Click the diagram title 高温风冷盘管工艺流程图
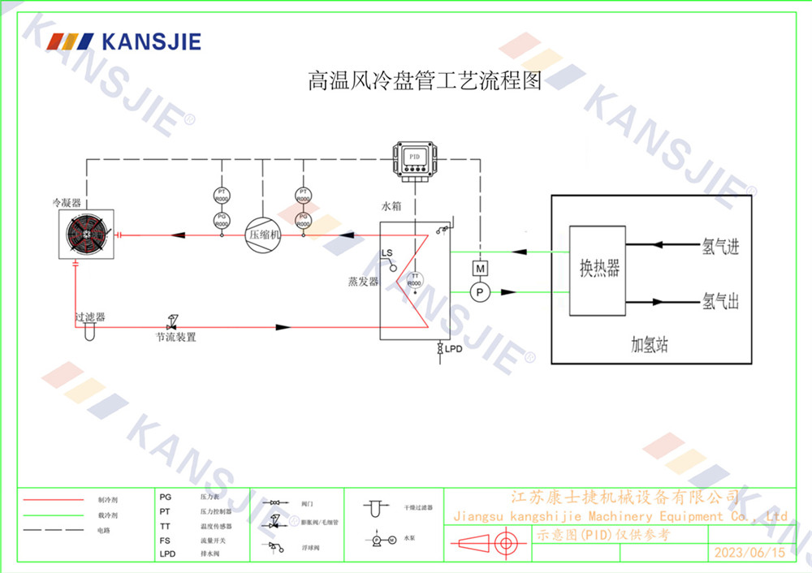tap(424, 80)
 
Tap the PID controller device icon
tap(414, 157)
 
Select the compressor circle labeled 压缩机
tap(263, 235)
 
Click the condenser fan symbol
tap(86, 235)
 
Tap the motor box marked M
tap(480, 268)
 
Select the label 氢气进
tap(720, 247)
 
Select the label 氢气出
tap(720, 303)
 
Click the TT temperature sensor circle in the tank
tap(414, 280)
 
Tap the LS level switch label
tap(387, 253)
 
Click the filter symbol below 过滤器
tap(89, 331)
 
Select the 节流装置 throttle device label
tap(176, 337)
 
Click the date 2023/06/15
tap(749, 553)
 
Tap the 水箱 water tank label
tap(391, 207)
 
